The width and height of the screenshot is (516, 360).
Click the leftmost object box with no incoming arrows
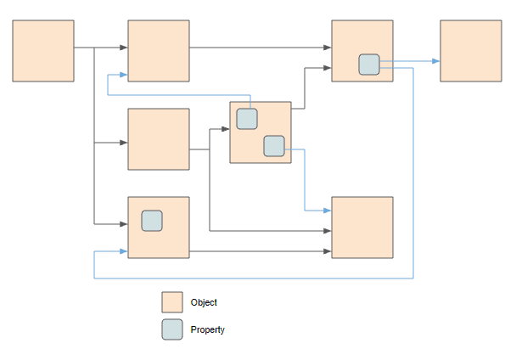pos(43,51)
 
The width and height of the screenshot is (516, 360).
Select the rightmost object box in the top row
pos(470,51)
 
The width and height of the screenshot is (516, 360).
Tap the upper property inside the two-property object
pos(247,119)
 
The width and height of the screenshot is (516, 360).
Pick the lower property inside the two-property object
pos(274,146)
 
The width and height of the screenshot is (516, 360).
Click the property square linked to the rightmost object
pos(369,65)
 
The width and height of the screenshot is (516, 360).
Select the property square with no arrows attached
pos(152,221)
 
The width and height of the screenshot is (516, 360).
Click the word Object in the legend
pos(204,302)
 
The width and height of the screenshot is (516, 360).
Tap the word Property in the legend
pos(208,329)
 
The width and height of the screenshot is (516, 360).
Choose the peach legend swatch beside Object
pos(172,302)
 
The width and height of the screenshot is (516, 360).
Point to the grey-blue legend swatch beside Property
pos(172,329)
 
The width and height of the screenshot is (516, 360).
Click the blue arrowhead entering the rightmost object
pos(435,61)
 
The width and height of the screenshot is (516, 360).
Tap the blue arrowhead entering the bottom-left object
pos(123,251)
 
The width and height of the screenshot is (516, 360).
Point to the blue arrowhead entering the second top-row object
pos(123,75)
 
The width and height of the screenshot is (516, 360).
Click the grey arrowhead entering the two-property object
pos(225,129)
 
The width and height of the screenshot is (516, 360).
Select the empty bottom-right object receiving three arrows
pos(362,228)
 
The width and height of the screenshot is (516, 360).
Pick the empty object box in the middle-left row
pos(159,139)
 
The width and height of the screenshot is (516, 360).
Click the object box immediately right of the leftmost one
pos(159,51)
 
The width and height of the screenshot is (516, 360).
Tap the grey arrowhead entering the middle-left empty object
pos(123,143)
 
